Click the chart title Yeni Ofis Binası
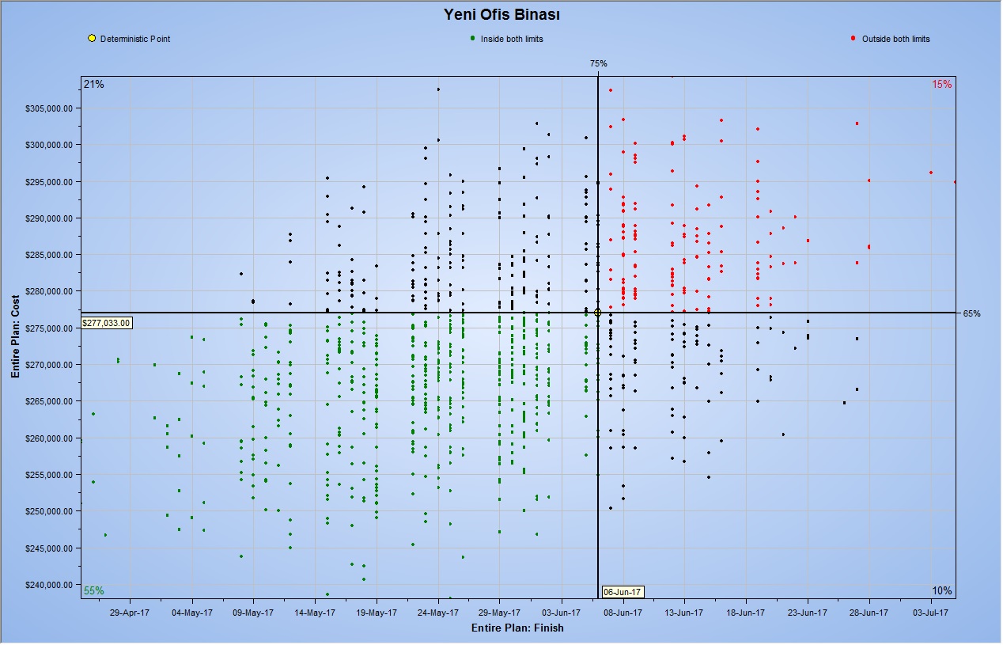(x=501, y=14)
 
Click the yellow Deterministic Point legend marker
(x=92, y=39)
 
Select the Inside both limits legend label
(x=512, y=39)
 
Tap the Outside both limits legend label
(x=895, y=39)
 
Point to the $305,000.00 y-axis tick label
(x=51, y=108)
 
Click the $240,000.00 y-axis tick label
(x=51, y=585)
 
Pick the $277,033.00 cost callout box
(x=106, y=323)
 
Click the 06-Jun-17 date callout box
(x=623, y=591)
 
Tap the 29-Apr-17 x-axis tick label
(x=131, y=612)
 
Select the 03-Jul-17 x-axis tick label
(x=931, y=612)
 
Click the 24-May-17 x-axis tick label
(x=438, y=612)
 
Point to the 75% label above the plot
(x=598, y=63)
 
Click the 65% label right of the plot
(x=971, y=313)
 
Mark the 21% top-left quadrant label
(x=93, y=84)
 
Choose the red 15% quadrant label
(x=941, y=84)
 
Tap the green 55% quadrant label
(x=93, y=590)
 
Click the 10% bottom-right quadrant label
(x=941, y=590)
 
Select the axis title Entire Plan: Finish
(x=517, y=628)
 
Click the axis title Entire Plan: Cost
(x=15, y=336)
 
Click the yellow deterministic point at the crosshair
(x=598, y=313)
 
